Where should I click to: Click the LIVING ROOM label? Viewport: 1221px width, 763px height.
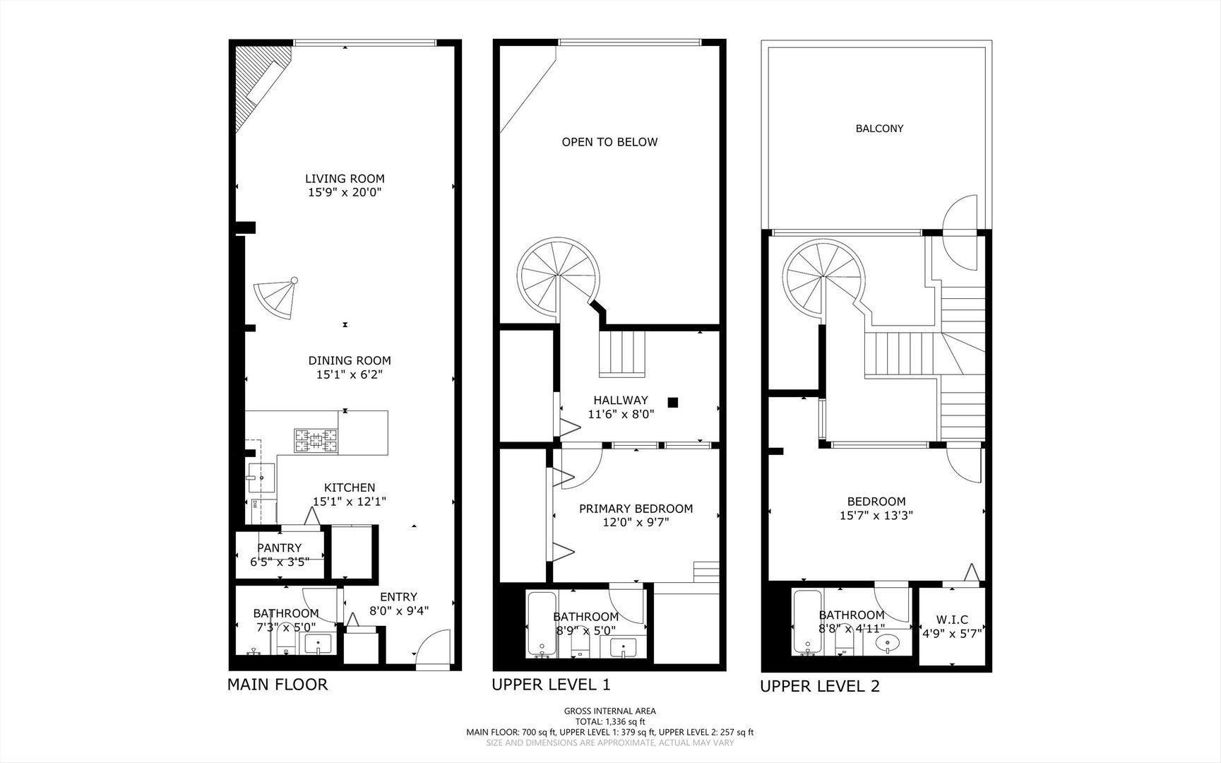[345, 179]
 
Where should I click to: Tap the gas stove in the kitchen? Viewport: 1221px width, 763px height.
[316, 442]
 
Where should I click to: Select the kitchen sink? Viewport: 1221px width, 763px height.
[261, 476]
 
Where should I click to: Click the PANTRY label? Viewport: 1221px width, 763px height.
[279, 548]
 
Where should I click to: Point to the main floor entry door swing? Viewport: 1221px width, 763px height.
[432, 648]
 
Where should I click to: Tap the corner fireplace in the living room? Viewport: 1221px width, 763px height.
[257, 85]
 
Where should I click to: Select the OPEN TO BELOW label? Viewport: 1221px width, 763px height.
[609, 142]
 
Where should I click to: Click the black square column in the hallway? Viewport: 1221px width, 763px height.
[673, 403]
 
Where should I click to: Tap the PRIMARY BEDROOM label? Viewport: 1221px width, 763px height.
[636, 509]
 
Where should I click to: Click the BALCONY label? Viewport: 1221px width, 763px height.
[879, 129]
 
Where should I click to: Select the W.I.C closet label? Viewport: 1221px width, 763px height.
[952, 620]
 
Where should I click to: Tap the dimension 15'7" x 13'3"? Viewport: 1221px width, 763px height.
[876, 516]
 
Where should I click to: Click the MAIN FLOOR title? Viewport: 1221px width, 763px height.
[278, 685]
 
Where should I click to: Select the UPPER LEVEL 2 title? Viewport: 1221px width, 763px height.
[819, 686]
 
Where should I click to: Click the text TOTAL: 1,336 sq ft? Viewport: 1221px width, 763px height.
[609, 721]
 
